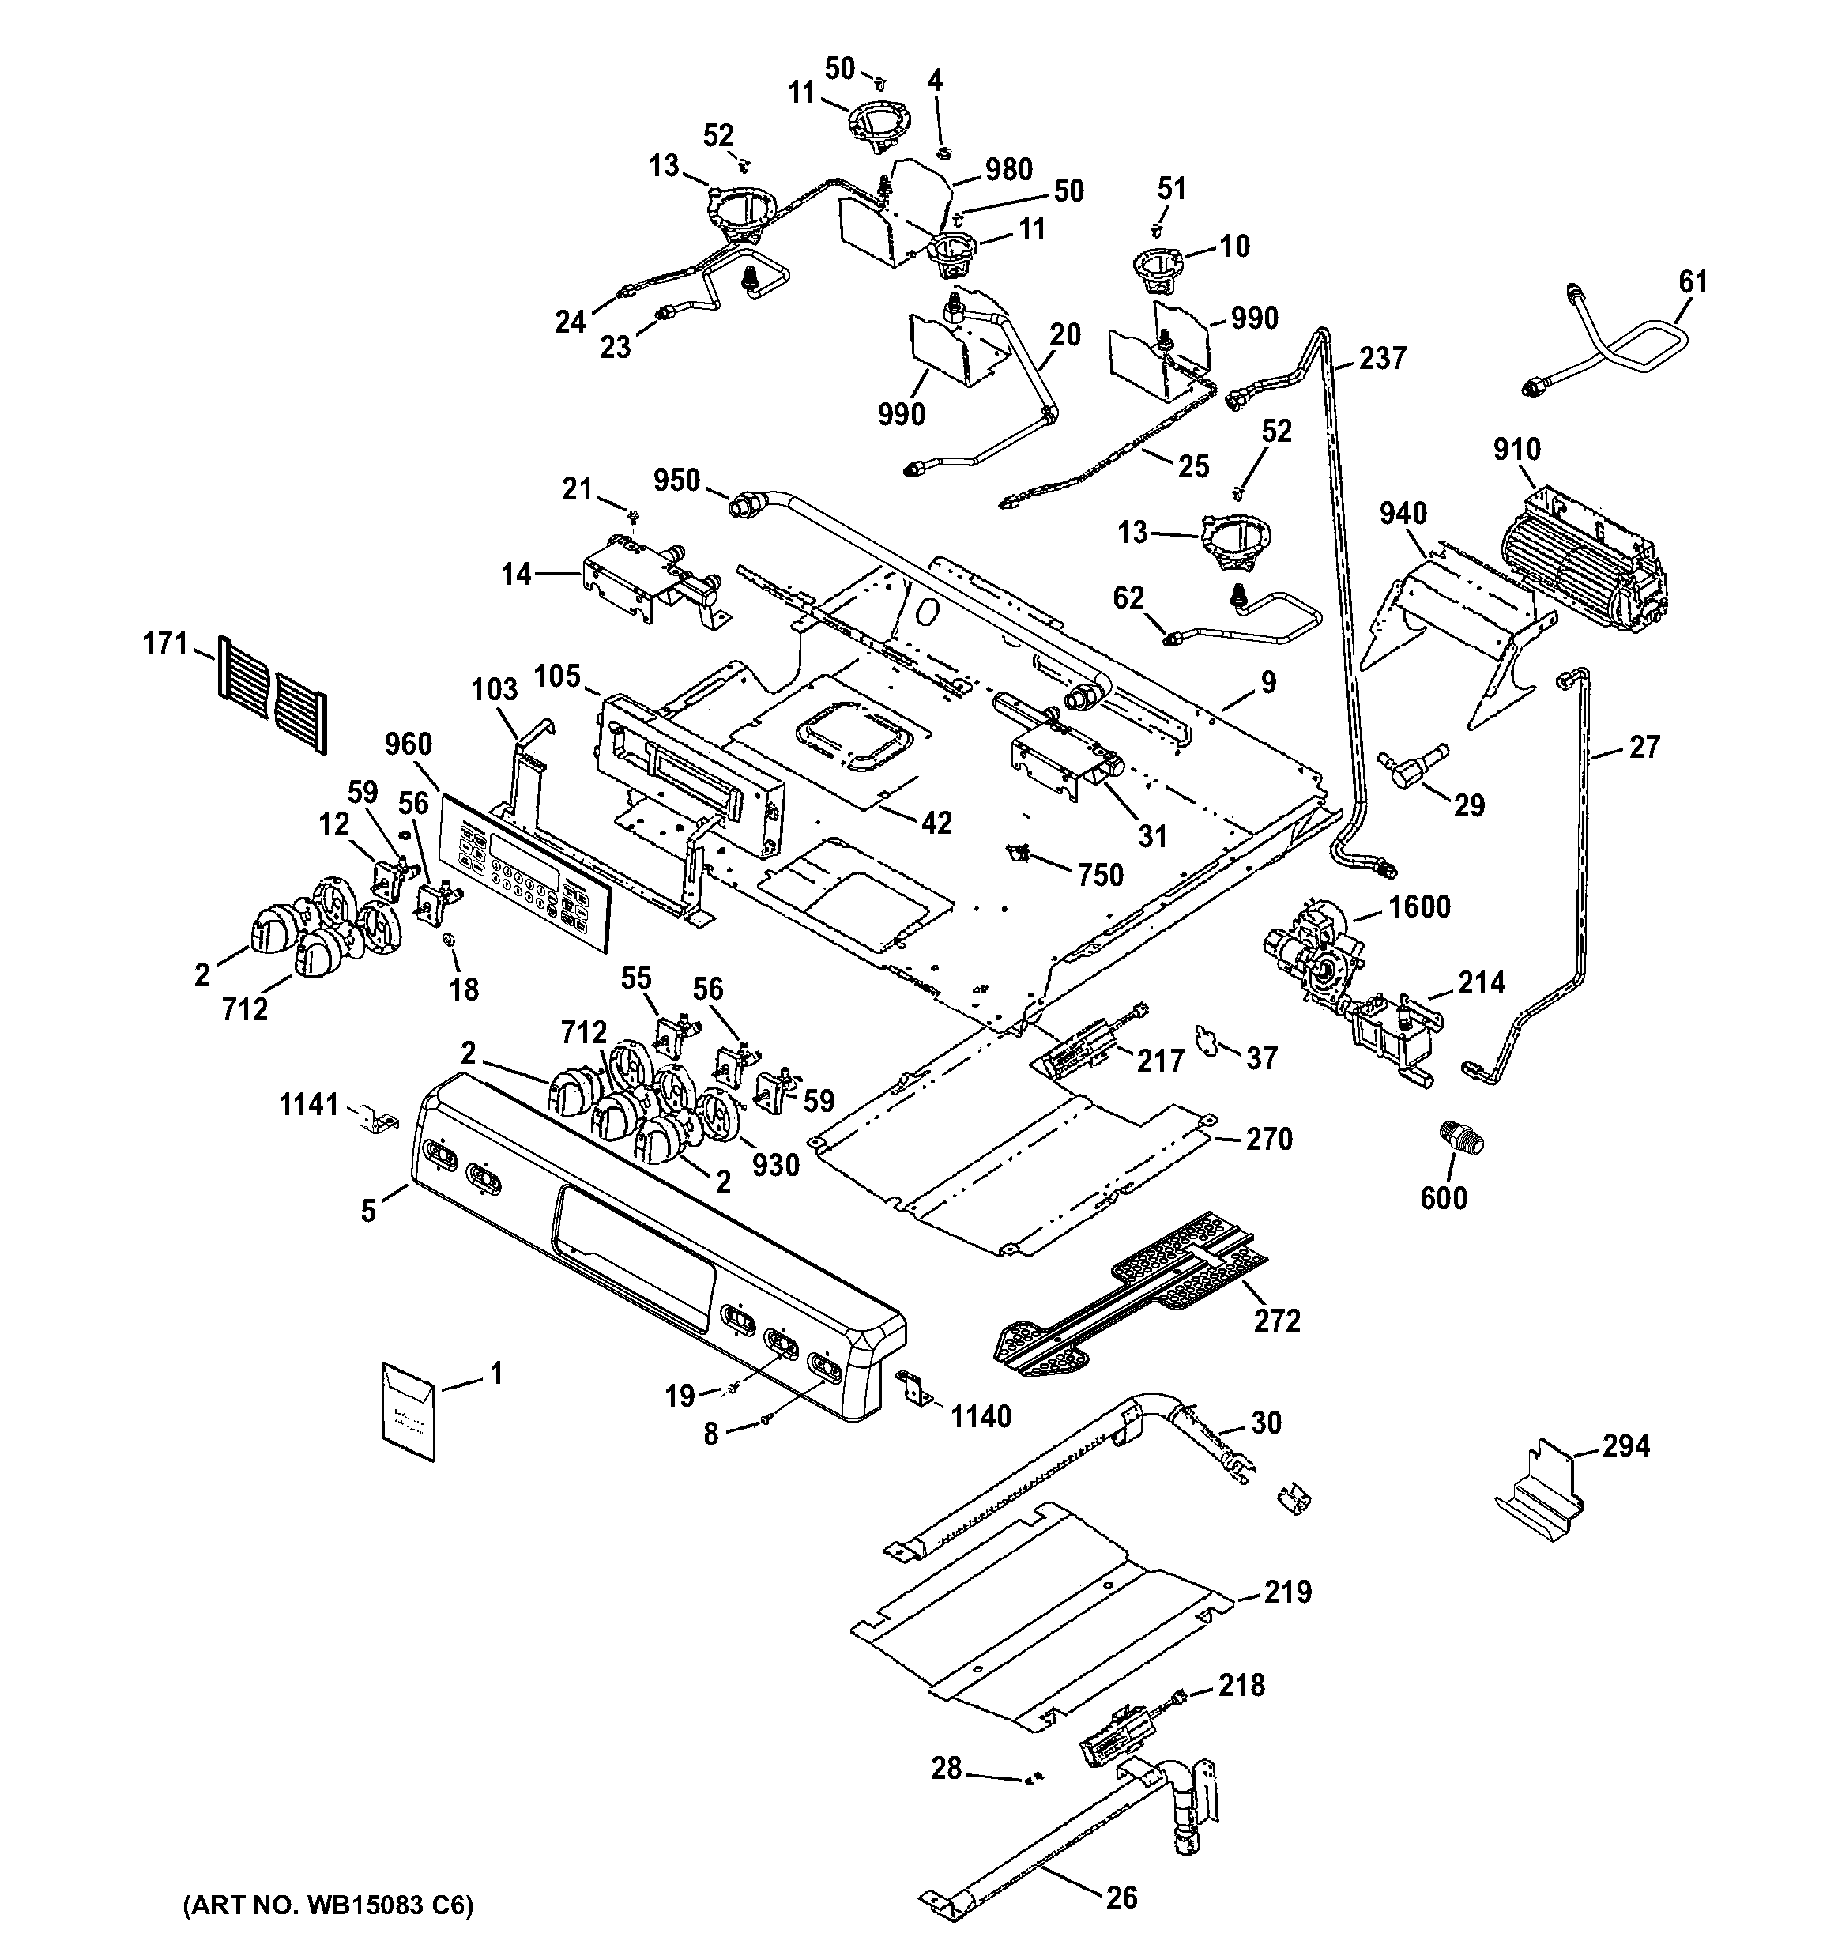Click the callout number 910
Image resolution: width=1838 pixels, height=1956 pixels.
tap(1516, 450)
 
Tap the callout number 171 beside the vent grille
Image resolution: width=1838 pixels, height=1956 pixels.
tap(165, 643)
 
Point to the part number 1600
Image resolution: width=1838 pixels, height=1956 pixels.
tap(1419, 906)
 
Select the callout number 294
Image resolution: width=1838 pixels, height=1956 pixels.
tap(1625, 1445)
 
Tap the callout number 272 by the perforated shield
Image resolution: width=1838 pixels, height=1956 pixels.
tap(1277, 1320)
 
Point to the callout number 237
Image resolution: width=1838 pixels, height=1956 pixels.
tap(1382, 358)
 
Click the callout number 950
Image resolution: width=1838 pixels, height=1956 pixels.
tap(677, 481)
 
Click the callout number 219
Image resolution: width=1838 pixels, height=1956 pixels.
tap(1288, 1591)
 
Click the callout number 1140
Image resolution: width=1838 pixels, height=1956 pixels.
tap(980, 1416)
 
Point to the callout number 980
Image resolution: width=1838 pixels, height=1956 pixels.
tap(1008, 169)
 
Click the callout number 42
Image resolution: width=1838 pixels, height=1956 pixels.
tap(936, 823)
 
